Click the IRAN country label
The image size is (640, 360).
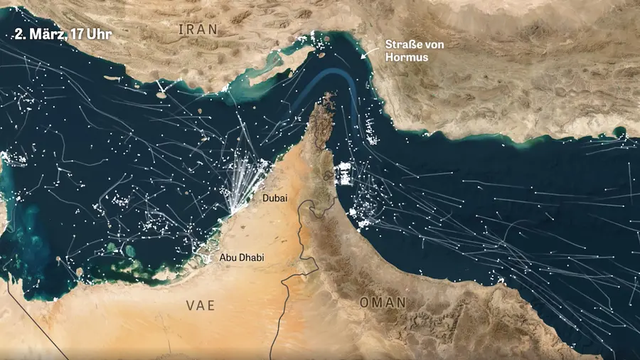(199, 29)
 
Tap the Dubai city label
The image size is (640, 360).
(274, 198)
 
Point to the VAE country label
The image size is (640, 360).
(200, 305)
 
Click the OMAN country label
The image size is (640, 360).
(383, 302)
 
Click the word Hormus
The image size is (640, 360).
(407, 56)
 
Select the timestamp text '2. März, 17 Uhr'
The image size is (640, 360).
(63, 33)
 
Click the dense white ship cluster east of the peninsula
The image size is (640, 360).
(345, 173)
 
